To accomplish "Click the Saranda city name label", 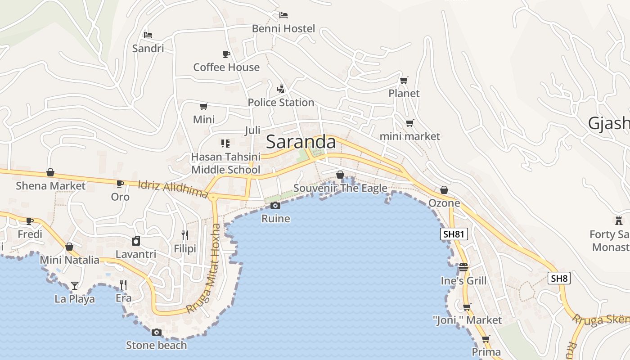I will point(301,142).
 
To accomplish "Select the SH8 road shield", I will point(559,278).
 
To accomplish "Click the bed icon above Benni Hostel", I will point(283,15).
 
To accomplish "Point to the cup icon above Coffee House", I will point(226,54).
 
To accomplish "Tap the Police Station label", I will point(281,103).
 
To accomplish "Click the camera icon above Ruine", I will point(275,206).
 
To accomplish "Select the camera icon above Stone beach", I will point(156,333).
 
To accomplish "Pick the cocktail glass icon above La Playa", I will point(74,285).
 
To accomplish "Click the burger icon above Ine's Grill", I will point(463,267).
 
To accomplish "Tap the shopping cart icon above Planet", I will point(404,80).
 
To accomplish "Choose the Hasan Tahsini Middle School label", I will point(226,163).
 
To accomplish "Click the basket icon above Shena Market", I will point(50,172).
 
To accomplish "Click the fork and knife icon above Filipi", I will point(184,235).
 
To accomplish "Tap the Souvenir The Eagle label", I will point(340,188).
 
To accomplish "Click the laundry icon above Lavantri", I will point(136,241).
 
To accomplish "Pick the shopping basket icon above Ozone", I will point(444,190).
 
